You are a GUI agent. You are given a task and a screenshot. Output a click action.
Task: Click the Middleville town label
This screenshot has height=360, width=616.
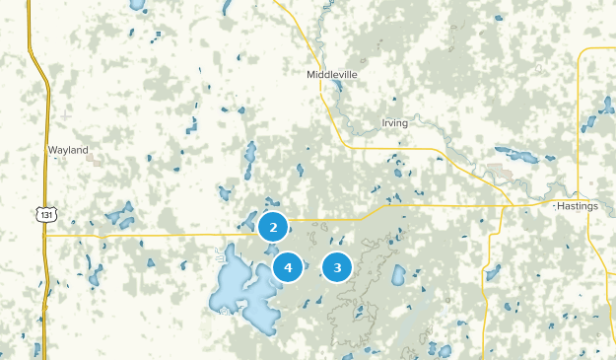tap(331, 74)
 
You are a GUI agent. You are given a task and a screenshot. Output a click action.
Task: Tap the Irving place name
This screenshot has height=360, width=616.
tap(393, 123)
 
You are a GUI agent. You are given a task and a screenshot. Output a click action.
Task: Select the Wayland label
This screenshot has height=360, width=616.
tap(68, 151)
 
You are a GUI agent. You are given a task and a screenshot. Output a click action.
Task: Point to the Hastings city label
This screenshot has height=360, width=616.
tap(577, 206)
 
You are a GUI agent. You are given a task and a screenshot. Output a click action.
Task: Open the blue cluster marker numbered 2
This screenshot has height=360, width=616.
tap(273, 227)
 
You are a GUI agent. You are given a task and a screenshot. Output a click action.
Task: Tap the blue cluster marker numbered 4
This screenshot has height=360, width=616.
tap(288, 266)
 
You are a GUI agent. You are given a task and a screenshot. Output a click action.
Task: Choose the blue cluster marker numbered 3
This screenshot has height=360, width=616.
tap(338, 266)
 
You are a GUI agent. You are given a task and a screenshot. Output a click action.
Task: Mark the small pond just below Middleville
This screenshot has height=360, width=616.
tap(337, 86)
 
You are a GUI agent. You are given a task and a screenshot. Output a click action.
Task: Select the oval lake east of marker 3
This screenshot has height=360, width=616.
tap(398, 274)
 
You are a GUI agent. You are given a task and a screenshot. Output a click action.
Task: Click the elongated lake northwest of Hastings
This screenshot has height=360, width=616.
tap(516, 154)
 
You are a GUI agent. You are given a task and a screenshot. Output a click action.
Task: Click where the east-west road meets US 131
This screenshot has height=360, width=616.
tap(44, 236)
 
